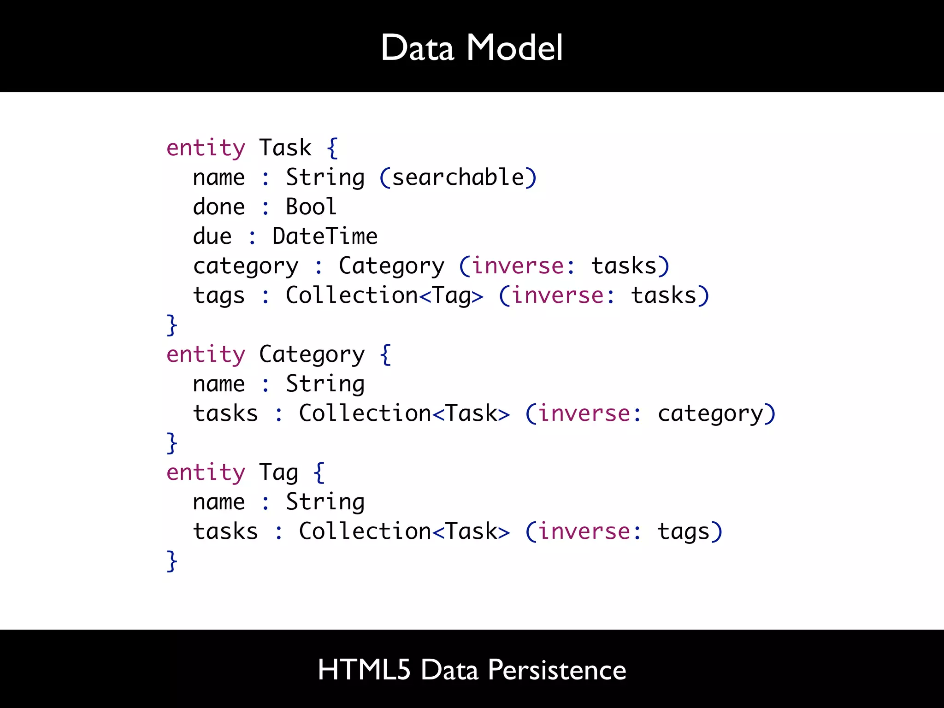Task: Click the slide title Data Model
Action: [472, 47]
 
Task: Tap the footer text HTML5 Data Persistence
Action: [472, 669]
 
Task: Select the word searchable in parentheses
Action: [458, 177]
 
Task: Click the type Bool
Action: [311, 206]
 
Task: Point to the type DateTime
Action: [325, 236]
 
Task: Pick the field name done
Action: [219, 206]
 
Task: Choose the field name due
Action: [212, 236]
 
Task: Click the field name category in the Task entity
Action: [246, 266]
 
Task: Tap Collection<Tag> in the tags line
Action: [384, 295]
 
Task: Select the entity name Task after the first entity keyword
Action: [285, 148]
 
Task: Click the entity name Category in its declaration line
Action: [312, 355]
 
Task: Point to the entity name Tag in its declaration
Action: [279, 473]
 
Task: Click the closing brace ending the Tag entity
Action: [172, 560]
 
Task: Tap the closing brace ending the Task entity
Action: [172, 324]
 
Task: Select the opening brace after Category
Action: [385, 355]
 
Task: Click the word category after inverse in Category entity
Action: [710, 414]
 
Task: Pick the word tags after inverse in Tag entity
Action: [684, 532]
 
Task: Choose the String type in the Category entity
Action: [325, 384]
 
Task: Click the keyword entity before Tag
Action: [206, 473]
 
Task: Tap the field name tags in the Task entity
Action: [219, 296]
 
